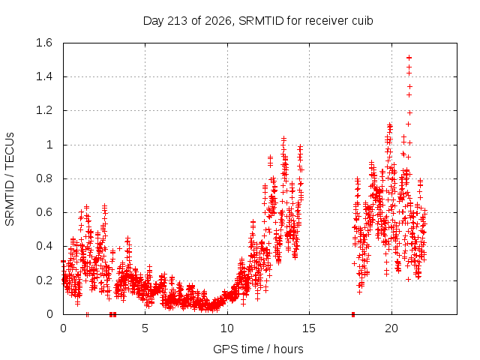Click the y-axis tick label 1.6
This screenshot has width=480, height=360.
tap(44, 43)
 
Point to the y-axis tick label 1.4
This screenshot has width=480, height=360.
tap(44, 76)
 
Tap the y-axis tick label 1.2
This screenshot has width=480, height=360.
tap(44, 110)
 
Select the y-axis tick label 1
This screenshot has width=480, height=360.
tap(49, 145)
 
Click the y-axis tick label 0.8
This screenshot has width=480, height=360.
tap(44, 178)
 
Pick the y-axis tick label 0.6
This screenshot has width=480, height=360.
tap(44, 212)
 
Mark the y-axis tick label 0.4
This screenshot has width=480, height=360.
tap(44, 246)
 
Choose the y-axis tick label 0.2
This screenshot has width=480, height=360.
tap(44, 280)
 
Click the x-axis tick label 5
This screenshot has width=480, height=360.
tap(145, 328)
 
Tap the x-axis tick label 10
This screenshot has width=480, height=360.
tap(227, 328)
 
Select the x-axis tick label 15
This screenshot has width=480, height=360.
tap(309, 328)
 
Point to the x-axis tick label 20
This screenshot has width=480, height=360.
tap(391, 328)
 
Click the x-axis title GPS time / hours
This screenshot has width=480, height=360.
tap(258, 349)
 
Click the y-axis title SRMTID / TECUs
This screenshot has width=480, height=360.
tap(10, 179)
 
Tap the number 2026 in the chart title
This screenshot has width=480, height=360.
tap(218, 21)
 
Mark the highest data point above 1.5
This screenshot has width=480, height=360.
tap(409, 58)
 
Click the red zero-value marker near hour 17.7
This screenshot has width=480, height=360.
tap(353, 314)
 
